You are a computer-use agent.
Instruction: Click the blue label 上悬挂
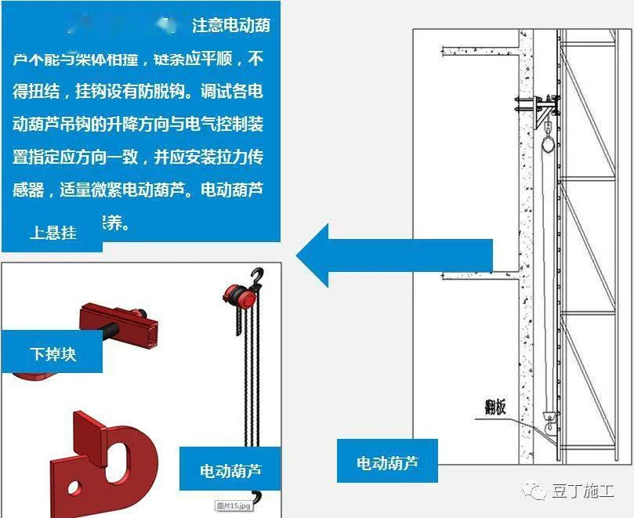pyautogui.click(x=53, y=233)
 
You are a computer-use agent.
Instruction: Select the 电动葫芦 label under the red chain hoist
pyautogui.click(x=230, y=471)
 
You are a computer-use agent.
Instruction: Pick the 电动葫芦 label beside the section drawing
pyautogui.click(x=387, y=462)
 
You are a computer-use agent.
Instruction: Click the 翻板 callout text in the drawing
pyautogui.click(x=495, y=408)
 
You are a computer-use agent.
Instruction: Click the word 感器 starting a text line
pyautogui.click(x=29, y=190)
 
